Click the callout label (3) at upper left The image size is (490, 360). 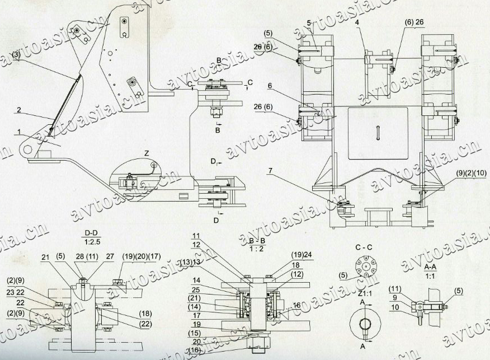click(x=17, y=55)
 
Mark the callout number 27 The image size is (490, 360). click(x=110, y=256)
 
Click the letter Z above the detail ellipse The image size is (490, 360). click(x=146, y=153)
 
